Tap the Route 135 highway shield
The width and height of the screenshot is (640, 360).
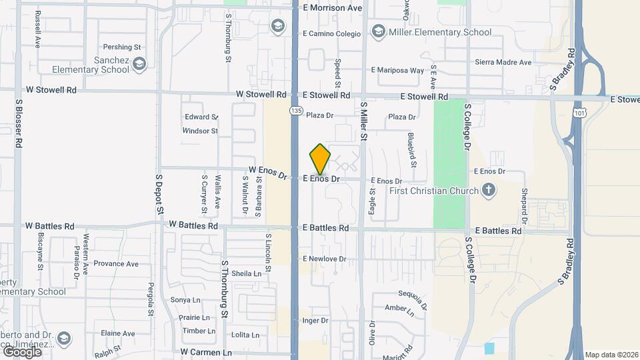tap(294, 109)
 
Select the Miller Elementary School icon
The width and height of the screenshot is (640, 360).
tap(379, 32)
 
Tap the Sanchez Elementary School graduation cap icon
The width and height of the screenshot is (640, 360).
tap(139, 64)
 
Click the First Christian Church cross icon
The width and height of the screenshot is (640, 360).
tap(489, 191)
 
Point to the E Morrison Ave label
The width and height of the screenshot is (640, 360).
tap(332, 8)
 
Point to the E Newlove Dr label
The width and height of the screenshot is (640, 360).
tap(325, 259)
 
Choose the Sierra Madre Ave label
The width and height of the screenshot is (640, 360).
tap(503, 62)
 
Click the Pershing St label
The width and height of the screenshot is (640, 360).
tap(122, 47)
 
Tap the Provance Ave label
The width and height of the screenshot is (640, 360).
tap(115, 263)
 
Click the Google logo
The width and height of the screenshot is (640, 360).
tap(22, 351)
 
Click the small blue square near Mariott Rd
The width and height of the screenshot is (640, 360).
tap(490, 348)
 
